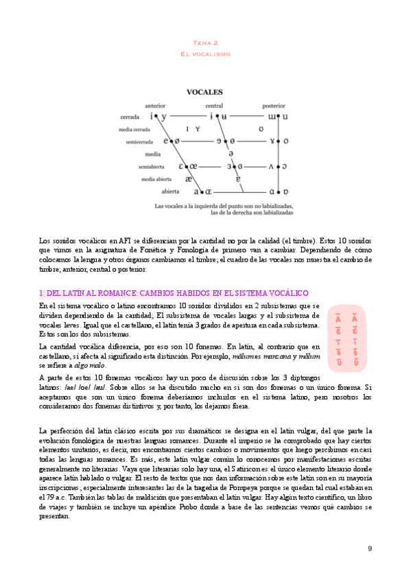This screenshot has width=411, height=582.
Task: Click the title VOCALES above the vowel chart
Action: click(205, 91)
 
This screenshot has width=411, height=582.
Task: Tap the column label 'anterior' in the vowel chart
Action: click(156, 105)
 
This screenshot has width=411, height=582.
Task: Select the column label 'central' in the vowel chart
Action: click(214, 106)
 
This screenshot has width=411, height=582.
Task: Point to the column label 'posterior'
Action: click(273, 106)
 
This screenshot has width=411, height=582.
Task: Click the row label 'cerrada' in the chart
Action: click(130, 117)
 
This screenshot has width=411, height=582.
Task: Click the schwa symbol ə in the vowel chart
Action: click(231, 154)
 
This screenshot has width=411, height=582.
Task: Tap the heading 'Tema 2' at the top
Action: click(205, 42)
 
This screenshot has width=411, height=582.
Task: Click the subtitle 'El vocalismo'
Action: click(205, 54)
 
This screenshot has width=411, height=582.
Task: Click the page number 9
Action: click(370, 548)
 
